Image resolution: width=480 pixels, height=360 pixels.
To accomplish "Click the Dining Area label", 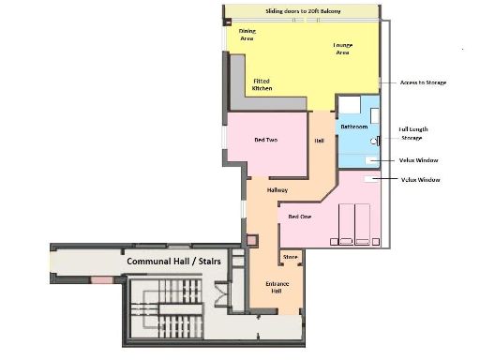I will tap(247, 35).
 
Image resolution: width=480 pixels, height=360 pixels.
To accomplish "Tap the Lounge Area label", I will tap(342, 49).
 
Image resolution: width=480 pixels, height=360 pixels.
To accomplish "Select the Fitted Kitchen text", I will tap(262, 84).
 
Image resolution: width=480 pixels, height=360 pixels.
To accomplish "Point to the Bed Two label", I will tap(265, 141).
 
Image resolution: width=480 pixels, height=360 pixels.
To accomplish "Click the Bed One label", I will tap(300, 217).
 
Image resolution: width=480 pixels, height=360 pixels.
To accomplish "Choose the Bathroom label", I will tap(353, 126).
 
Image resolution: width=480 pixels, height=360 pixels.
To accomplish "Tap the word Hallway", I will tap(277, 190).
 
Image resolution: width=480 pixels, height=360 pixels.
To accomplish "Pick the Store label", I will tap(290, 256).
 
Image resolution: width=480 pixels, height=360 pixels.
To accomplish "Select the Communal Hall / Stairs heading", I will tap(173, 262).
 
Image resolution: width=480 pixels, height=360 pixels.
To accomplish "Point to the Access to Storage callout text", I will tap(423, 82).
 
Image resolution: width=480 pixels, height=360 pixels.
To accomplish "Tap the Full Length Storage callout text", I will tap(416, 133).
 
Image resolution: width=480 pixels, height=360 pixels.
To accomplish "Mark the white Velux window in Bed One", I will tap(369, 177).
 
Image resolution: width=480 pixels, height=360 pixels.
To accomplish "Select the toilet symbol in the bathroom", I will tap(373, 141).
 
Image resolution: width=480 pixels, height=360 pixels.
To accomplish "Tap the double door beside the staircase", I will tap(221, 298).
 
